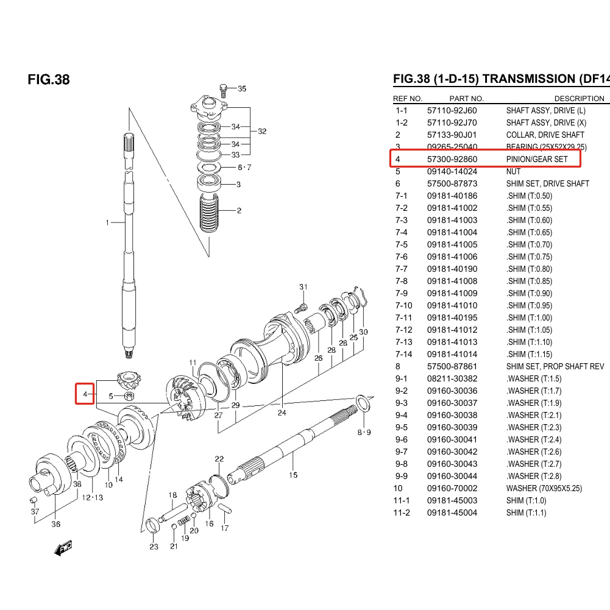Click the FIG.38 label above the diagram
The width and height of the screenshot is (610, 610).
click(x=49, y=80)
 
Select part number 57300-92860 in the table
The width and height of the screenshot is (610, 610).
click(x=452, y=160)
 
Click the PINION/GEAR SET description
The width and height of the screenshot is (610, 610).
click(x=536, y=160)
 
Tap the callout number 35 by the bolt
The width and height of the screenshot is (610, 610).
click(x=242, y=89)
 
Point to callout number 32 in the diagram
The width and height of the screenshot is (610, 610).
click(x=262, y=132)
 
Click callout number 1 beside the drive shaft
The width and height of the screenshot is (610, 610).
click(x=107, y=223)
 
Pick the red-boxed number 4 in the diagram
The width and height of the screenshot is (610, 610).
click(x=85, y=394)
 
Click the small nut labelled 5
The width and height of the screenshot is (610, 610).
click(x=129, y=397)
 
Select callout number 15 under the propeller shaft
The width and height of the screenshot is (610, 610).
click(x=293, y=475)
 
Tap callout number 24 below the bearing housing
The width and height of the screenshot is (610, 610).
click(x=282, y=413)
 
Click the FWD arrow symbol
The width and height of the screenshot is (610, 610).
click(x=63, y=548)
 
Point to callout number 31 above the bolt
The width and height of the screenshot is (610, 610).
click(x=303, y=287)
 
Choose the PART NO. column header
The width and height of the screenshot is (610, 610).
click(x=466, y=99)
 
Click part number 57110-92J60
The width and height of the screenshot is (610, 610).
click(x=452, y=111)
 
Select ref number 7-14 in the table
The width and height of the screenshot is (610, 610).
click(x=403, y=355)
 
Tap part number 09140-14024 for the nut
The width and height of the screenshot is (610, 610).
click(x=452, y=172)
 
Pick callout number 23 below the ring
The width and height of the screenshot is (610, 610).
click(x=154, y=547)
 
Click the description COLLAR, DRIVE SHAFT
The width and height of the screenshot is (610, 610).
click(x=545, y=135)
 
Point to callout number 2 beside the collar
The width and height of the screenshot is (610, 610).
click(x=239, y=211)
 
